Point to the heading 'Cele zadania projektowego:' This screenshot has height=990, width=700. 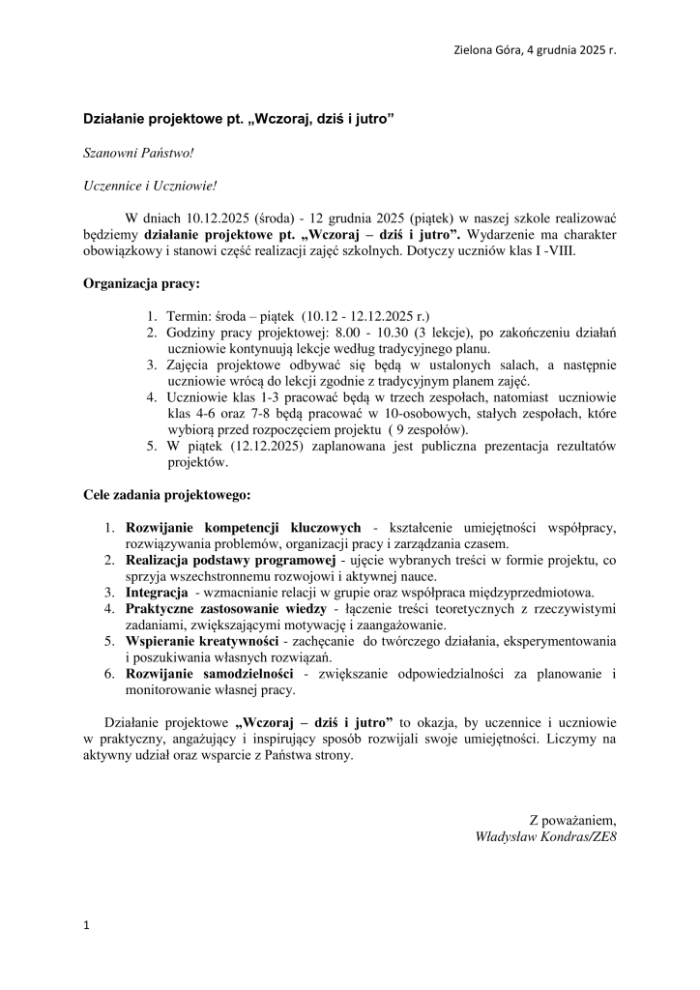tap(166, 495)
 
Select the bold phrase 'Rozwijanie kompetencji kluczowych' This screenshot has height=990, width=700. tap(244, 527)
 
